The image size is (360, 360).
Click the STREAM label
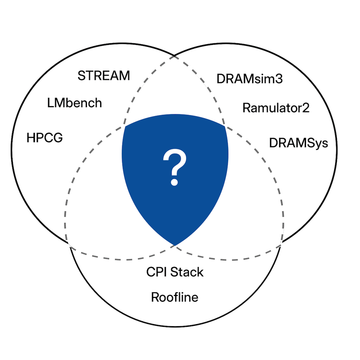point(104,76)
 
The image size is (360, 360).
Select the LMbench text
point(75,103)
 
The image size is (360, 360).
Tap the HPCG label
point(45,137)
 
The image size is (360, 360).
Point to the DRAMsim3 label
point(249,79)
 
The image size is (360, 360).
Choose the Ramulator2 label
point(276,108)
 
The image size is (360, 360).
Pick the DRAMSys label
point(298,143)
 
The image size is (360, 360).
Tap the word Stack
point(187,272)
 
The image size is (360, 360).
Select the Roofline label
point(175,297)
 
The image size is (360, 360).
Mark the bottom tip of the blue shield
point(175,245)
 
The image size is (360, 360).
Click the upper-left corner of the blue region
point(125,126)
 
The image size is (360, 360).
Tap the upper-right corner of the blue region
point(225,126)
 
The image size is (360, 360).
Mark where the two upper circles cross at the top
point(175,56)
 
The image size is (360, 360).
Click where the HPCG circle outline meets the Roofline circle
point(69,243)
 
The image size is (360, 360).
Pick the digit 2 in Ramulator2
point(306,108)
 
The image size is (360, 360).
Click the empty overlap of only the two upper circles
point(175,90)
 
